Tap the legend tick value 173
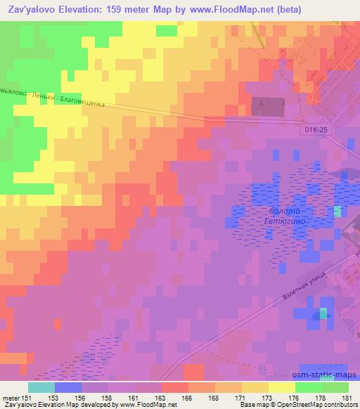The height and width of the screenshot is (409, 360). click(x=269, y=398)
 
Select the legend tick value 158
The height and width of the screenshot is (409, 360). click(x=109, y=398)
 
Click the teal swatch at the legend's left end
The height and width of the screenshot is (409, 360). click(x=41, y=388)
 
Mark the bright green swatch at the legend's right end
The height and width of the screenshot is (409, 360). click(x=335, y=388)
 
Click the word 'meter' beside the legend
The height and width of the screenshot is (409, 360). click(x=10, y=398)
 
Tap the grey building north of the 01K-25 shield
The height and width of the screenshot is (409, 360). click(x=271, y=105)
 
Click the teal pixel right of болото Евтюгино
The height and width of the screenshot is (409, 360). click(x=338, y=211)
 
